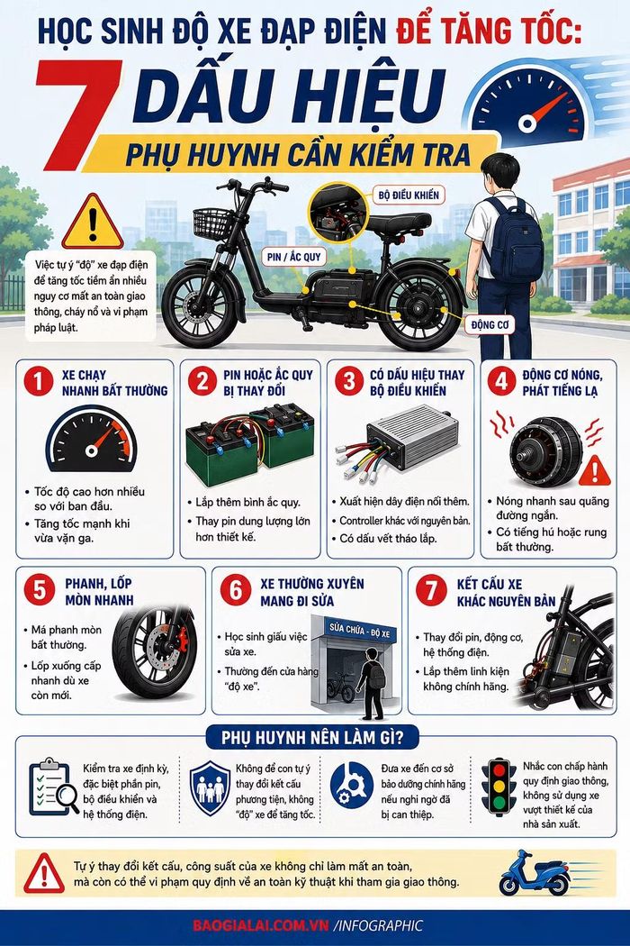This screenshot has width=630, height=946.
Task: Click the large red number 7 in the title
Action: [77, 114]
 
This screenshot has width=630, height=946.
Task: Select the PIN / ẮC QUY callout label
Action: [294, 257]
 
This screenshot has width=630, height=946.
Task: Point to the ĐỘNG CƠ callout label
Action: [490, 324]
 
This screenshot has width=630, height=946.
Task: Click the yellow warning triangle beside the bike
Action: [92, 223]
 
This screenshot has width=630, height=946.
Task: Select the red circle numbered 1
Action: [39, 382]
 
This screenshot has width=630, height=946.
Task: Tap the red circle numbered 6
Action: [236, 589]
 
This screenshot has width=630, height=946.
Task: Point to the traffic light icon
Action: [499, 787]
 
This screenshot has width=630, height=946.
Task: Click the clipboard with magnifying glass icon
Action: [53, 787]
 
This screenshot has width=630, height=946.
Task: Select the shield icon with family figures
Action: [210, 788]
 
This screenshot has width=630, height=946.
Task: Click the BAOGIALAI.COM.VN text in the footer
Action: [261, 926]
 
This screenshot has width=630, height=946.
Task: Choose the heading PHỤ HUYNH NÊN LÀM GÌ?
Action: [312, 737]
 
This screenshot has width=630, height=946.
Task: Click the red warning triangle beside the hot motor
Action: [594, 471]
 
